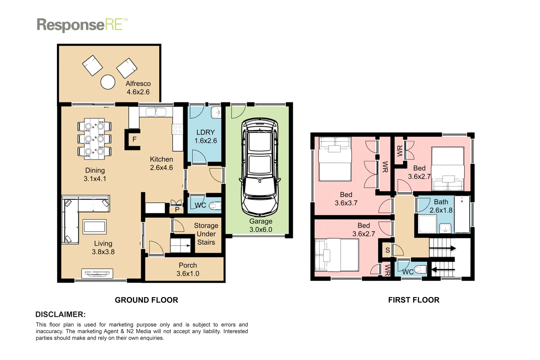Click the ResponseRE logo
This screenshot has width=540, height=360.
click(x=82, y=25)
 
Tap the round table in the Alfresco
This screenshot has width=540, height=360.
click(x=108, y=82)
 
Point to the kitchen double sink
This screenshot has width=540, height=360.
click(x=156, y=112)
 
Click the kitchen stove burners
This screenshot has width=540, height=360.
click(x=177, y=129)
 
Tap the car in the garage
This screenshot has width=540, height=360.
click(x=260, y=167)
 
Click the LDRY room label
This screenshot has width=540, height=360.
click(x=205, y=132)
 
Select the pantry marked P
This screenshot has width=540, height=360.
click(x=177, y=209)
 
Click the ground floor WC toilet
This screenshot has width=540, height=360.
click(x=215, y=206)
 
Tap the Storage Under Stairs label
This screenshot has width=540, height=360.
click(x=206, y=234)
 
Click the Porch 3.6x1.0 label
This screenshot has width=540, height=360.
click(x=188, y=269)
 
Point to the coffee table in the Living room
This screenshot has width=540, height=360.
click(x=95, y=227)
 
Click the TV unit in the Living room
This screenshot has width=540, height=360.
click(x=97, y=274)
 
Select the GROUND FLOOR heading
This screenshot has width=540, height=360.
click(x=146, y=300)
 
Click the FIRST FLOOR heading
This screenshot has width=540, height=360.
click(x=414, y=300)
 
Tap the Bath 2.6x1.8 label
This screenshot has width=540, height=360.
click(x=441, y=206)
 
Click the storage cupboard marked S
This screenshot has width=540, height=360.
click(x=387, y=250)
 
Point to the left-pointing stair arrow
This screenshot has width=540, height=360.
click(x=443, y=269)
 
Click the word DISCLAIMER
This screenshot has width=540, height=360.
click(x=60, y=314)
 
